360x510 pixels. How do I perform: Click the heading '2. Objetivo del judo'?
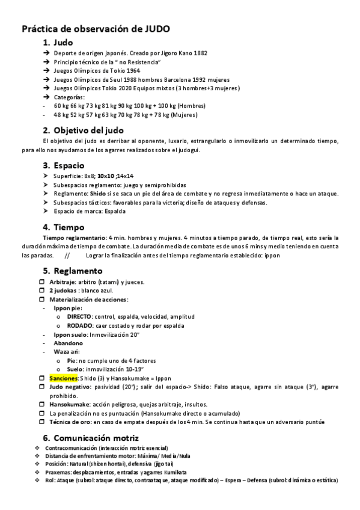[84, 130]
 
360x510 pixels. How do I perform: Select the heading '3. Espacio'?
[63, 165]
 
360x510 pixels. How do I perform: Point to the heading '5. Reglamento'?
[73, 271]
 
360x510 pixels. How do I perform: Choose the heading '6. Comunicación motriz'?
[91, 437]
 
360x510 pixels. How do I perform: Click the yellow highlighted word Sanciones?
[63, 378]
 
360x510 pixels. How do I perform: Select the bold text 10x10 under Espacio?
[106, 176]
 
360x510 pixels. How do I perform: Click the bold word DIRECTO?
[79, 316]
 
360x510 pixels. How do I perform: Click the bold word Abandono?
[68, 343]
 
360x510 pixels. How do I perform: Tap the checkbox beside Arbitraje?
[42, 282]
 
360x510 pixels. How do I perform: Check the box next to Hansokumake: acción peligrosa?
[42, 404]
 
